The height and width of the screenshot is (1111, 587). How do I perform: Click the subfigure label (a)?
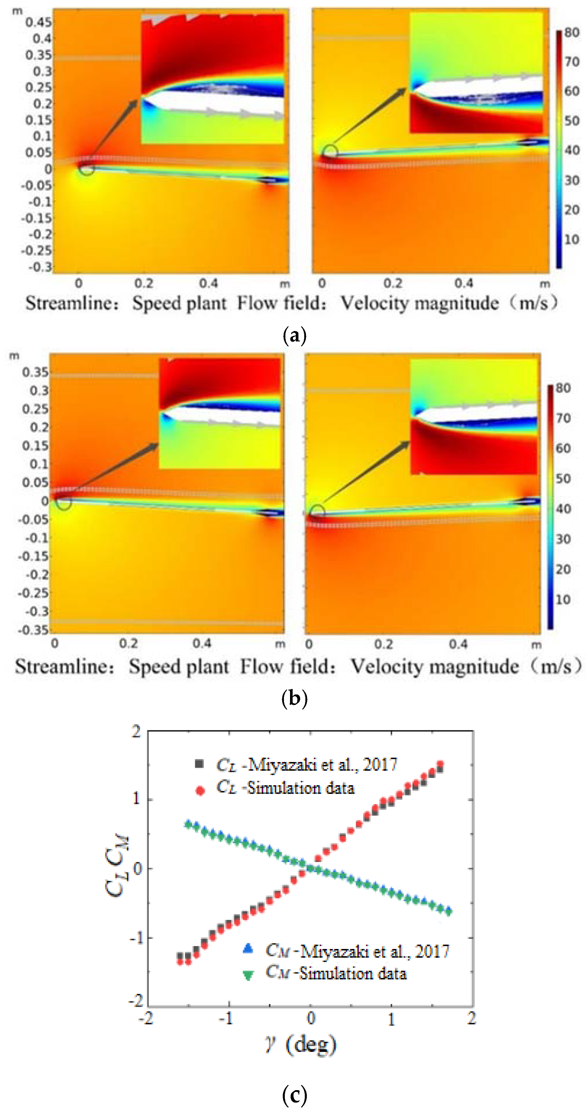(x=294, y=335)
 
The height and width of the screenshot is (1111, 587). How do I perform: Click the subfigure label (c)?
(x=294, y=1094)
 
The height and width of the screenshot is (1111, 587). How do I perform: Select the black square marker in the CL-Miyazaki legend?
(x=199, y=764)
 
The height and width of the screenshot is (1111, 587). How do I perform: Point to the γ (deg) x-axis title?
(x=300, y=1044)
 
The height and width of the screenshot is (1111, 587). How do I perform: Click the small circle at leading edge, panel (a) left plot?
(x=87, y=169)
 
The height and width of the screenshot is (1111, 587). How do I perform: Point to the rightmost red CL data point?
(x=440, y=765)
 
